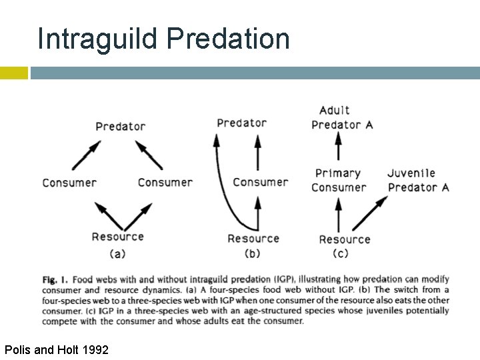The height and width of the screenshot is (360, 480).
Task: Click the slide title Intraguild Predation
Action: (x=163, y=39)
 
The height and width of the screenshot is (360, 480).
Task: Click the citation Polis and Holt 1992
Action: (x=57, y=349)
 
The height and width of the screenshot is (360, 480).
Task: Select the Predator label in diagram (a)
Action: (x=120, y=126)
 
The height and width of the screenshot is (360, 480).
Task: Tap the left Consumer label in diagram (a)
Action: (x=69, y=183)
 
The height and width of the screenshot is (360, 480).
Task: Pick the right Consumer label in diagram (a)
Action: (x=165, y=183)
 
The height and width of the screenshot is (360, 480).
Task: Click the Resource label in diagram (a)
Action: (x=117, y=237)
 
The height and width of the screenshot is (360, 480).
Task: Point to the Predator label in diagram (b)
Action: (x=241, y=123)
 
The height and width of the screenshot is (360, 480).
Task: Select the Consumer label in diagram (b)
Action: (x=260, y=182)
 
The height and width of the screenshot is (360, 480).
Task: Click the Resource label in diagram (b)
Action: (x=253, y=239)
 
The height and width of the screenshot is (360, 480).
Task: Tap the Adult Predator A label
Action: (x=341, y=117)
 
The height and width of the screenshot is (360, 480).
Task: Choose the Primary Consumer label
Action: (x=339, y=180)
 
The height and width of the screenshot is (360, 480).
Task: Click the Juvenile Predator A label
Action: (x=418, y=180)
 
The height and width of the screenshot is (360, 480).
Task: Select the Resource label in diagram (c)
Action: (x=344, y=239)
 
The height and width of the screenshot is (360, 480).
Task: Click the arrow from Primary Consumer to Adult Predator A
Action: (x=338, y=147)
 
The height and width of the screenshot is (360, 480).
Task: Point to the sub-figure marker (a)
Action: (x=117, y=253)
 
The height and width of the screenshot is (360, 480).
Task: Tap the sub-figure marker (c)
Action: (x=341, y=253)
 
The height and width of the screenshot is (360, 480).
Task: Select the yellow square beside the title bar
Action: (x=13, y=73)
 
